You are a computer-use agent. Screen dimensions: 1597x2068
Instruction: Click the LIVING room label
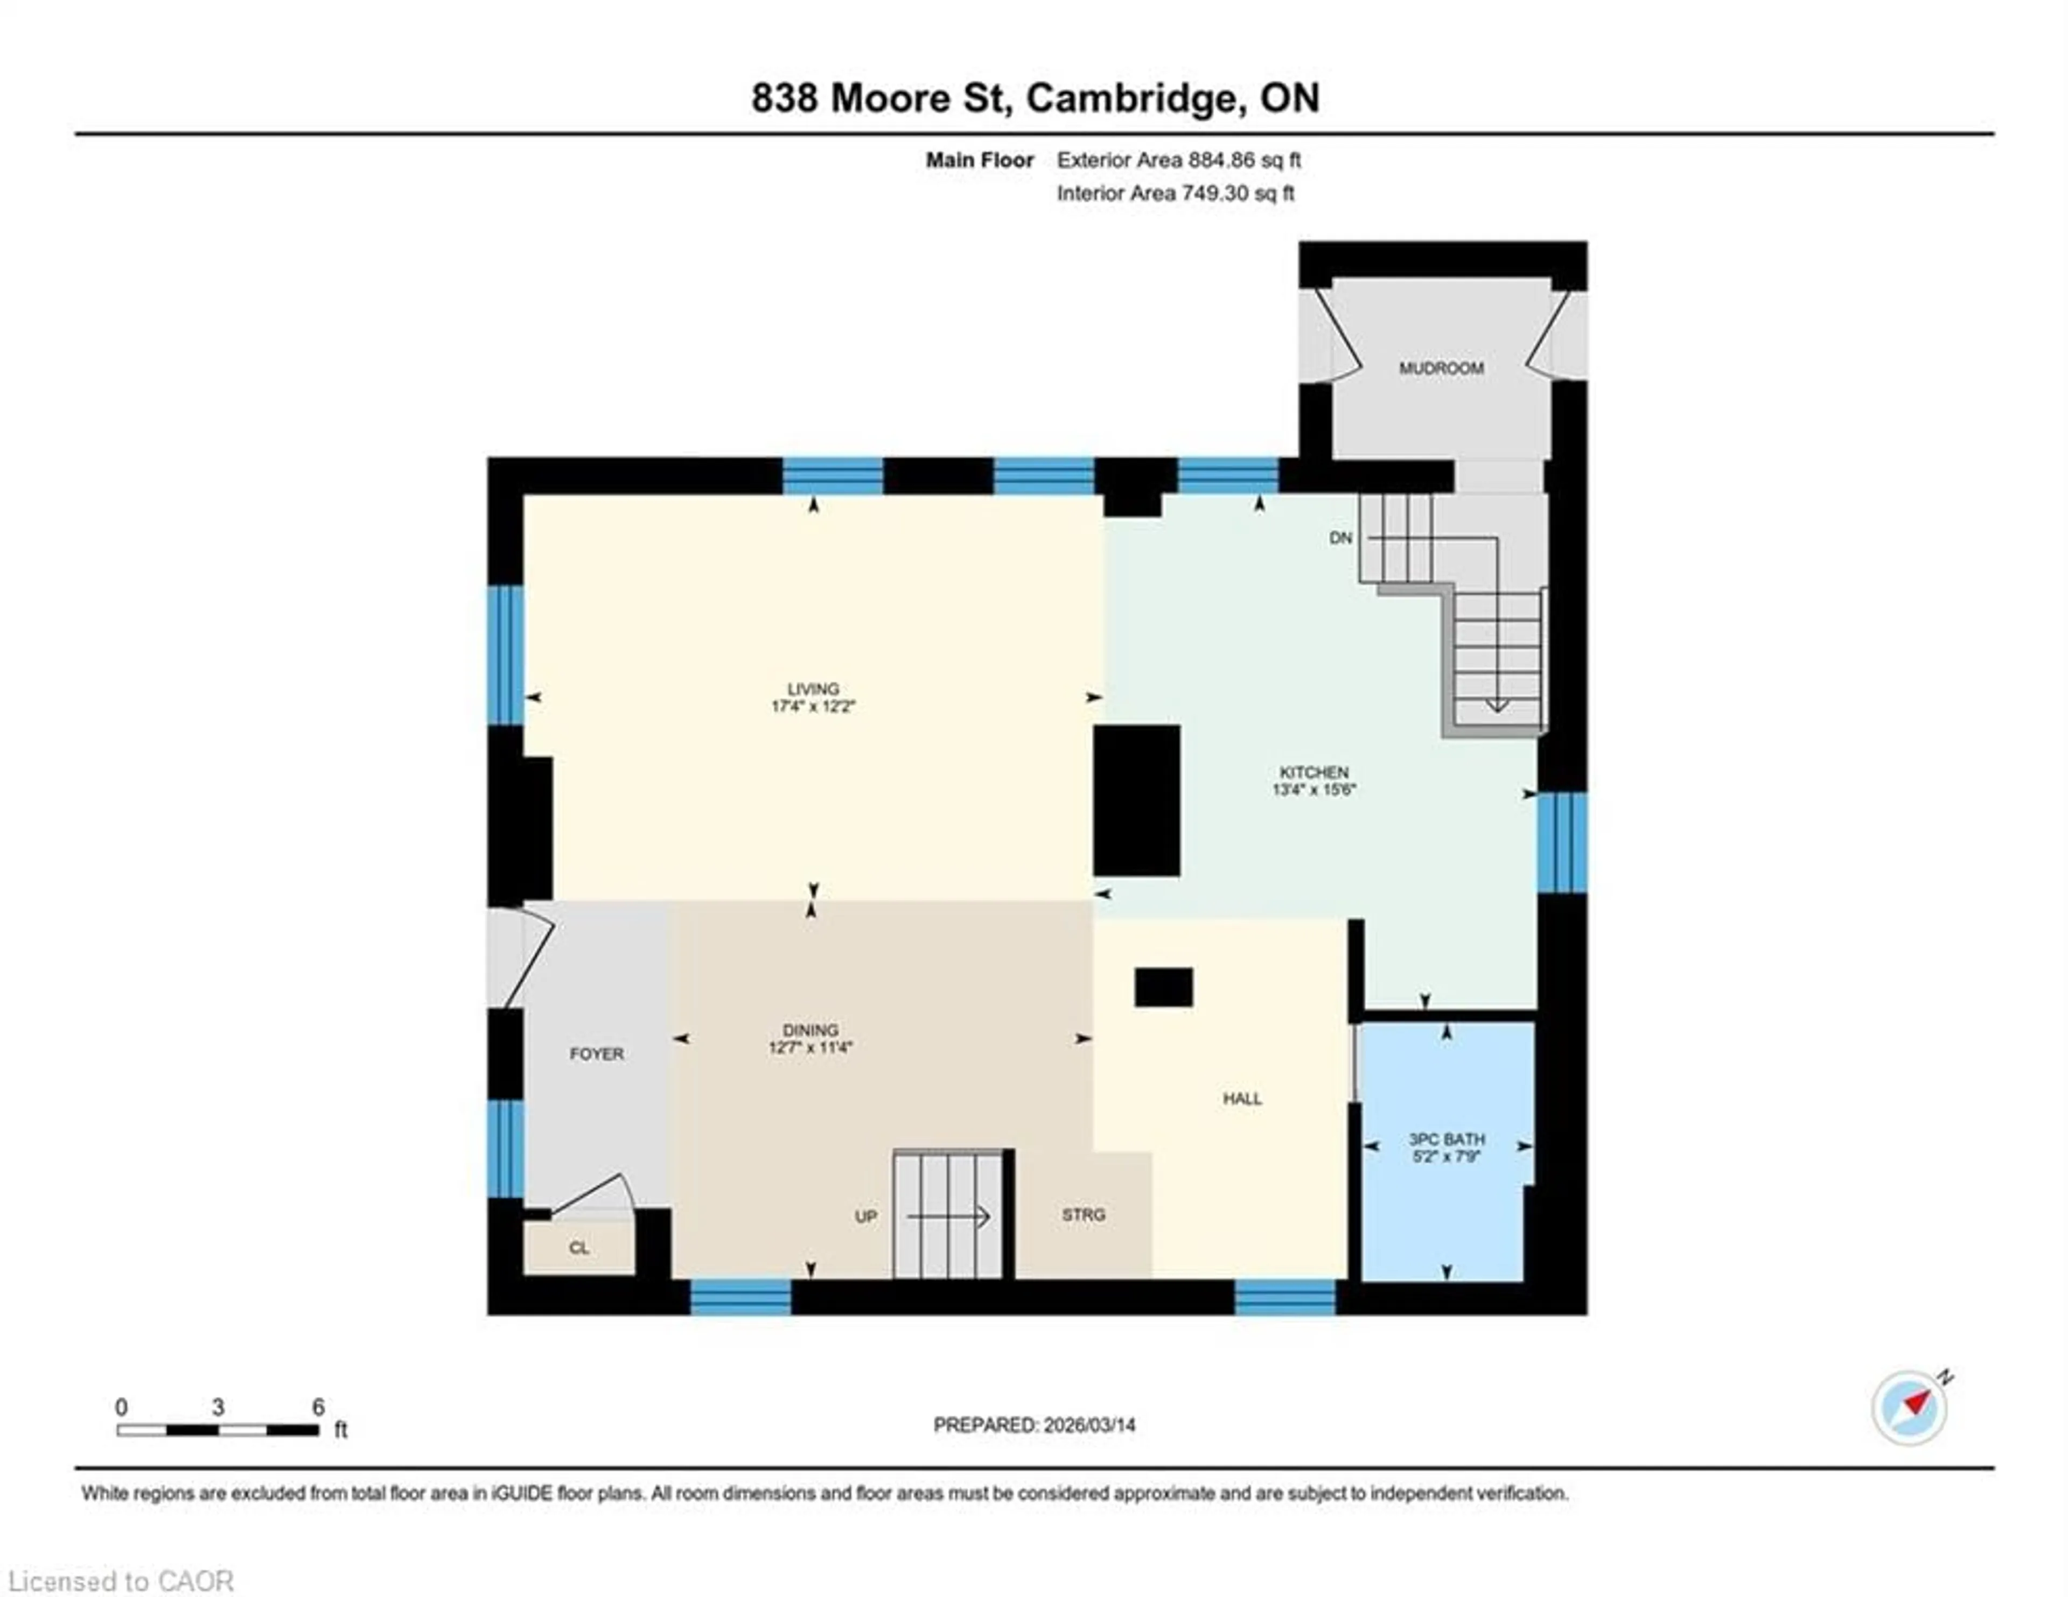pyautogui.click(x=813, y=688)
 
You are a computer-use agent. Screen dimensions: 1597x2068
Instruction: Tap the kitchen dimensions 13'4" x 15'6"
pyautogui.click(x=1314, y=789)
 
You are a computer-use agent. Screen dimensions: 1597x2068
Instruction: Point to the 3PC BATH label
pyautogui.click(x=1446, y=1139)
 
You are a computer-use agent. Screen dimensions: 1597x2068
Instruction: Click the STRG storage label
pyautogui.click(x=1083, y=1214)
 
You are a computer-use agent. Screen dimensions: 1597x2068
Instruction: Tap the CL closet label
pyautogui.click(x=578, y=1248)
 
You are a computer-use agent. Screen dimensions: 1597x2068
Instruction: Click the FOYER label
pyautogui.click(x=597, y=1053)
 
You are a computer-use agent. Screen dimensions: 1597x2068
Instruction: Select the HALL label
pyautogui.click(x=1241, y=1098)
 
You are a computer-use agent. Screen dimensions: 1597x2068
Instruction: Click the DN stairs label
pyautogui.click(x=1340, y=538)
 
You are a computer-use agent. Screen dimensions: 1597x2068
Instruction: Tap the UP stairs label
pyautogui.click(x=865, y=1216)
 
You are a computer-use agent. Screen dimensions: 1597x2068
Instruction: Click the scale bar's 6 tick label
pyautogui.click(x=318, y=1406)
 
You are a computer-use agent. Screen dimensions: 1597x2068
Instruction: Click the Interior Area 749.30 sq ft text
pyautogui.click(x=1175, y=193)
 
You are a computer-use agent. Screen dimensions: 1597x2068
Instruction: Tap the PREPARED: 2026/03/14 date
pyautogui.click(x=1034, y=1425)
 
